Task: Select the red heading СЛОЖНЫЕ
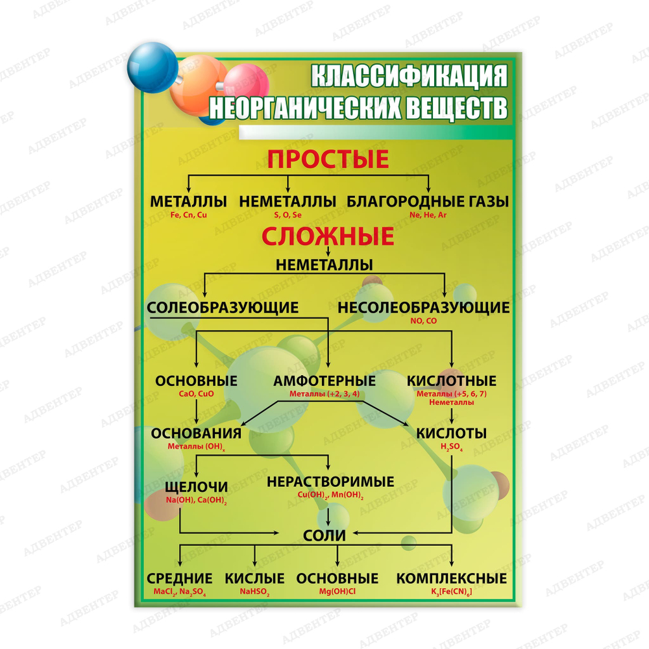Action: [x=328, y=236]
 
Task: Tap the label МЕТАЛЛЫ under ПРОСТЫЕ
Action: [x=188, y=201]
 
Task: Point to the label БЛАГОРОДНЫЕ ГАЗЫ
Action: [x=428, y=201]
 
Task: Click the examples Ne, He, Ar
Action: [x=428, y=215]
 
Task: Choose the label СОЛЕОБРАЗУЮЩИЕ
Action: [x=223, y=307]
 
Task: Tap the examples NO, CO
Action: [x=423, y=321]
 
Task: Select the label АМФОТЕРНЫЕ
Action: [x=324, y=381]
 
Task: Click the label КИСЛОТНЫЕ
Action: [x=451, y=381]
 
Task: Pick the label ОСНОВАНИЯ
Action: [x=196, y=433]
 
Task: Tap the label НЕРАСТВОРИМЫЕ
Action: [x=330, y=482]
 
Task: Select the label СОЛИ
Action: [x=324, y=535]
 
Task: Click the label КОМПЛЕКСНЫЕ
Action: [x=452, y=578]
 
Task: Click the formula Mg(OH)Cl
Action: [x=337, y=592]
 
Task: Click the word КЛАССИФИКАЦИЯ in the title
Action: [x=408, y=77]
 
